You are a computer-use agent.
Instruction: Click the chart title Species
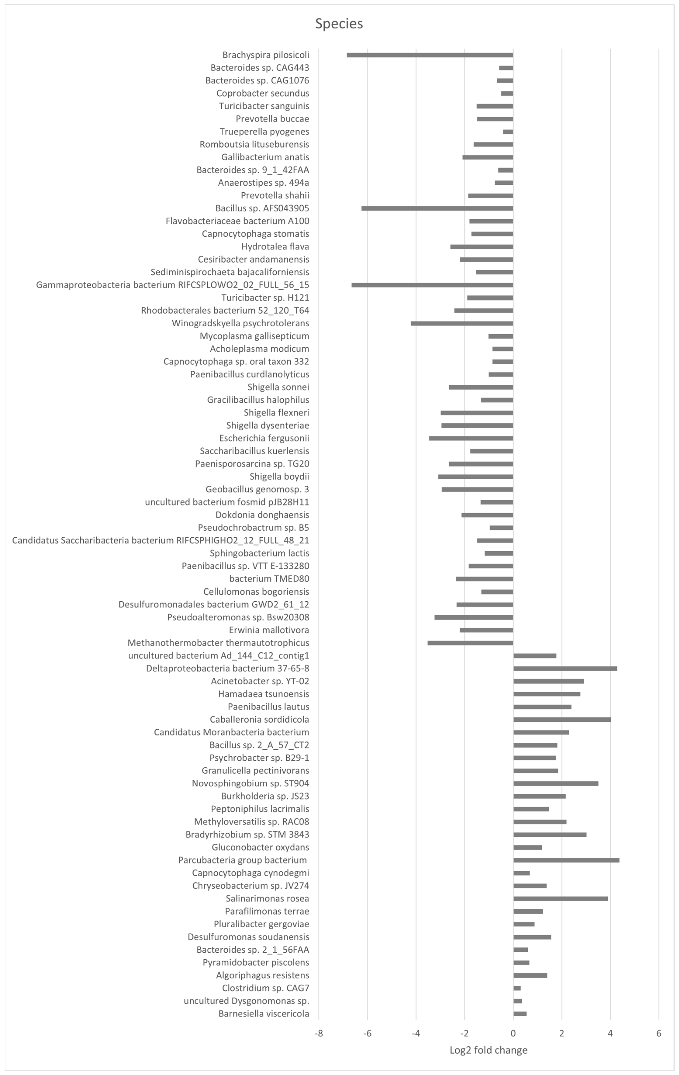[x=339, y=24]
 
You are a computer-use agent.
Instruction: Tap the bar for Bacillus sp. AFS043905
[x=437, y=208]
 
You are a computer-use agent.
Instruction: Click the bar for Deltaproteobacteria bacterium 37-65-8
[x=565, y=668]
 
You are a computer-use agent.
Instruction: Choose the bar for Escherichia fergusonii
[x=471, y=438]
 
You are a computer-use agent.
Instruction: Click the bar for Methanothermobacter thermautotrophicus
[x=470, y=643]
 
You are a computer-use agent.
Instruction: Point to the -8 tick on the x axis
[x=319, y=1033]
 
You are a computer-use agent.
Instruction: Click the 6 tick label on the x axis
[x=659, y=1033]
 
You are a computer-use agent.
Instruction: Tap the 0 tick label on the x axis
[x=513, y=1033]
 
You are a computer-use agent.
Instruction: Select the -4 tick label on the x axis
[x=416, y=1033]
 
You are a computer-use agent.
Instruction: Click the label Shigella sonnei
[x=278, y=387]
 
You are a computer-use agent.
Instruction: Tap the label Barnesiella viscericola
[x=264, y=1014]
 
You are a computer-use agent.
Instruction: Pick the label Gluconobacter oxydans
[x=260, y=847]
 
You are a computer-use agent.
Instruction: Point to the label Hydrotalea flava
[x=275, y=246]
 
